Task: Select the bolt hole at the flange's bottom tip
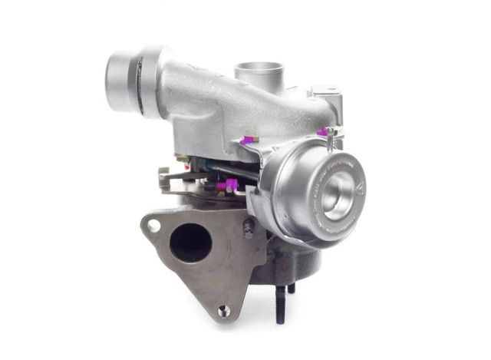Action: click(x=223, y=310)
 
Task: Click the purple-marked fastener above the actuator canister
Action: click(x=328, y=133)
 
